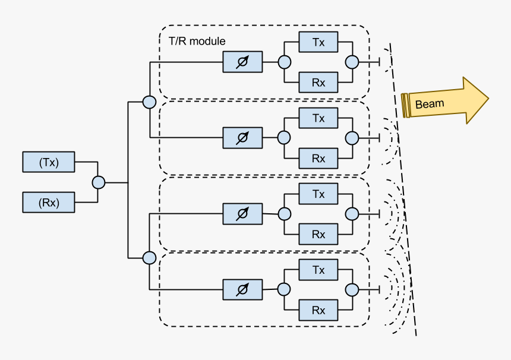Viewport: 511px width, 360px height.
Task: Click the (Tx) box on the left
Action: tap(49, 162)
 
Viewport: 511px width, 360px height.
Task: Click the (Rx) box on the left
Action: tap(49, 202)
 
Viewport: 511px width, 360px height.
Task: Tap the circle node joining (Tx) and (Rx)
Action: tap(99, 182)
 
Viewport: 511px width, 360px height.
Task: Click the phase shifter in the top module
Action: tap(242, 61)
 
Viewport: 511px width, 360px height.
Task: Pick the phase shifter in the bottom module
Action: tap(242, 289)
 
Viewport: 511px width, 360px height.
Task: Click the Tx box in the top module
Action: tap(318, 42)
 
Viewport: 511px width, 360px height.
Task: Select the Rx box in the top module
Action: tap(318, 82)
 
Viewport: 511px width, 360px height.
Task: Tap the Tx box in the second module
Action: tap(318, 118)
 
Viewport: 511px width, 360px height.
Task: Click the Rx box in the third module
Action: tap(318, 234)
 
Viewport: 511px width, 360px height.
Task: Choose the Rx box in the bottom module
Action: tap(318, 310)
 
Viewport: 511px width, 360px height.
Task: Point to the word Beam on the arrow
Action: tap(429, 104)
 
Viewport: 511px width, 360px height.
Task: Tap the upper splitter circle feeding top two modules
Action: tap(149, 102)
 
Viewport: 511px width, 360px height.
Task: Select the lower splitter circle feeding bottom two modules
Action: tap(149, 258)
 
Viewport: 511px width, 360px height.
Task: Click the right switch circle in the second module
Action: tap(352, 138)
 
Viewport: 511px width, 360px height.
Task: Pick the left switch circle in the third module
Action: tap(284, 214)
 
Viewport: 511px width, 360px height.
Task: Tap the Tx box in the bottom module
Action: tap(318, 270)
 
